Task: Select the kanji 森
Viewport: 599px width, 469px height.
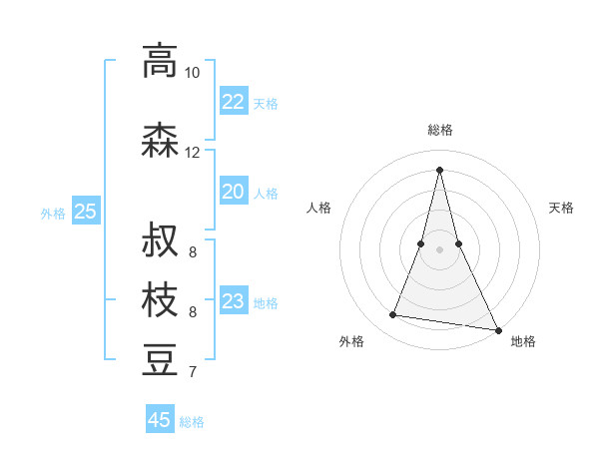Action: click(160, 139)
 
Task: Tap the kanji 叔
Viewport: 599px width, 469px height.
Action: click(160, 240)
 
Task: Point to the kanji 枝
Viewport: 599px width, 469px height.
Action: click(160, 300)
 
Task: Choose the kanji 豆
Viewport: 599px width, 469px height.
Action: click(160, 360)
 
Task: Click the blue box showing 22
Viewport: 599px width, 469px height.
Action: click(234, 102)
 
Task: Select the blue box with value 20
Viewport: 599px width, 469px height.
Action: click(234, 192)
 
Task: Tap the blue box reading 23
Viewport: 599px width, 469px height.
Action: click(234, 301)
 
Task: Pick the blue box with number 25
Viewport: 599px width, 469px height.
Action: click(86, 212)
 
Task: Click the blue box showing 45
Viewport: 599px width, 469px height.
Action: click(160, 420)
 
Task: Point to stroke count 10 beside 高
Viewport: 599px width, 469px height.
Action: click(192, 73)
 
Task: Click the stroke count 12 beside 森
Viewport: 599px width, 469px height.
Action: click(192, 153)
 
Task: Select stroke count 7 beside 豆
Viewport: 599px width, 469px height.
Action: click(192, 373)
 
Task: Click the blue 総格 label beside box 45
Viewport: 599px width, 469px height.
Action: click(192, 422)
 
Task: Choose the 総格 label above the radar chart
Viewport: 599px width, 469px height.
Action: click(439, 130)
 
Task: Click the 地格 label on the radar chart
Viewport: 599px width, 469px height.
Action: click(523, 341)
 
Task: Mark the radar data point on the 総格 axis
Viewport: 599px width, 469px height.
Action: click(439, 169)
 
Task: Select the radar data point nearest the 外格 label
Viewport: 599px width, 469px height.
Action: click(392, 315)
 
